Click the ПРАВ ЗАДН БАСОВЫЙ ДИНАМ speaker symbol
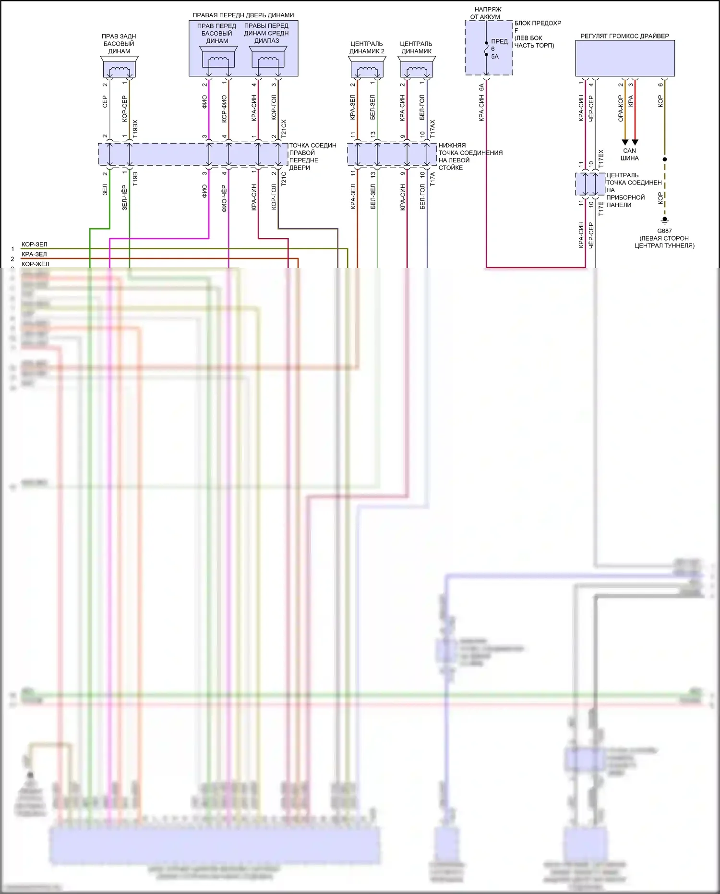point(119,67)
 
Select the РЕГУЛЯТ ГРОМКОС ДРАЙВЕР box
point(625,58)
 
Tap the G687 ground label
point(664,231)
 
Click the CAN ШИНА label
point(629,154)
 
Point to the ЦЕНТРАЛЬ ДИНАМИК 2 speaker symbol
point(367,67)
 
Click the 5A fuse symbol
point(487,49)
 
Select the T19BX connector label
point(135,129)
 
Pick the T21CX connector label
point(284,129)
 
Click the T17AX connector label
point(432,129)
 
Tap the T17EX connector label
point(601,158)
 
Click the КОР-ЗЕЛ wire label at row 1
point(35,245)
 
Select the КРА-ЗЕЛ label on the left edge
point(34,254)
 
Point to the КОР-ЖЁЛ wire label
point(35,264)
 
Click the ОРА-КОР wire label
point(621,108)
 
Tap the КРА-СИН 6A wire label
point(481,102)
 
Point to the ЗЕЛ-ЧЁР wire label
point(125,197)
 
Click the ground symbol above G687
point(665,220)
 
